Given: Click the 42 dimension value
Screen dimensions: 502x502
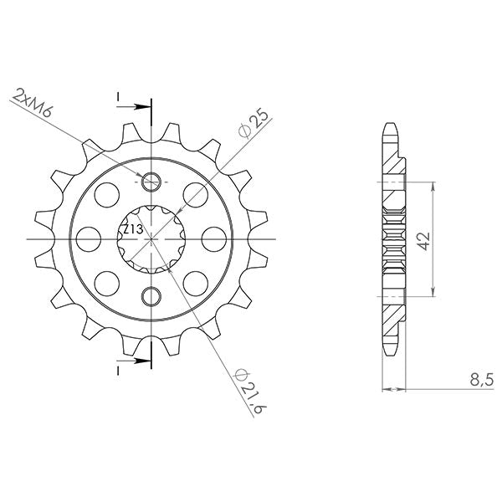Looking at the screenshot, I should coord(425,242).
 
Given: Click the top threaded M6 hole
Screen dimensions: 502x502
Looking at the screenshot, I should coord(151,181).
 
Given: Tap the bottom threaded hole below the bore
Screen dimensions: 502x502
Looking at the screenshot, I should coord(151,295).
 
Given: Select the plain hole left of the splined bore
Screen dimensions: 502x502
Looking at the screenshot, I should coord(90,238).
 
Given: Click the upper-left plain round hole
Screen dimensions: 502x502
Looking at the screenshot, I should coord(107,195).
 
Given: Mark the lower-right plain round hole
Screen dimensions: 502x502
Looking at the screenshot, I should coord(197,280).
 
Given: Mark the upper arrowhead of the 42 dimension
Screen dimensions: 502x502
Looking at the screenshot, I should coord(433,186).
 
